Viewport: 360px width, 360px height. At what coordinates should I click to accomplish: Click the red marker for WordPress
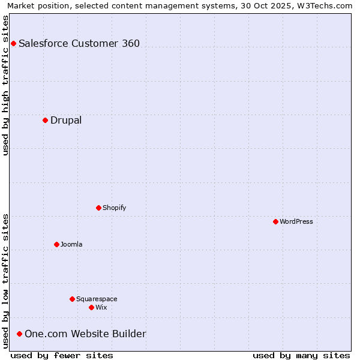pyautogui.click(x=275, y=221)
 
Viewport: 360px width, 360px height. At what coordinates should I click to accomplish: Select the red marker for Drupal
pyautogui.click(x=45, y=120)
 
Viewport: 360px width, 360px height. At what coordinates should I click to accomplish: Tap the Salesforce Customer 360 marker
pyautogui.click(x=13, y=43)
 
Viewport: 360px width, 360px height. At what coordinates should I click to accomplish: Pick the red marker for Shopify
pyautogui.click(x=98, y=208)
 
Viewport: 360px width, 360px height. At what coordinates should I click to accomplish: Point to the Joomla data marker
pyautogui.click(x=56, y=244)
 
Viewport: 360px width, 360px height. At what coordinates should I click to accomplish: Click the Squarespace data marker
pyautogui.click(x=72, y=299)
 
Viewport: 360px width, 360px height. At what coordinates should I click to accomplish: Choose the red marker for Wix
pyautogui.click(x=91, y=307)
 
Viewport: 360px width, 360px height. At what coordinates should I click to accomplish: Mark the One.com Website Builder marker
pyautogui.click(x=19, y=334)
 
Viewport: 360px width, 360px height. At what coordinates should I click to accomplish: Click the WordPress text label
pyautogui.click(x=296, y=221)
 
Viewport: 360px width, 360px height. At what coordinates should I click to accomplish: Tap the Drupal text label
pyautogui.click(x=66, y=120)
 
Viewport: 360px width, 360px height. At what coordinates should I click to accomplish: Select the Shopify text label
pyautogui.click(x=115, y=208)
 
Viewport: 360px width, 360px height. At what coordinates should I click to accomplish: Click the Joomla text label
pyautogui.click(x=71, y=244)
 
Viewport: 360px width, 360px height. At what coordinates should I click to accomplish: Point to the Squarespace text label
pyautogui.click(x=97, y=299)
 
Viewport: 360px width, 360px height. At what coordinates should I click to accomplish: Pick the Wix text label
pyautogui.click(x=101, y=307)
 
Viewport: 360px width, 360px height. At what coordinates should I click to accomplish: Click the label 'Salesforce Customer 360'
pyautogui.click(x=79, y=43)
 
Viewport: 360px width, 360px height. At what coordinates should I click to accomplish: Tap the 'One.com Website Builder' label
pyautogui.click(x=85, y=334)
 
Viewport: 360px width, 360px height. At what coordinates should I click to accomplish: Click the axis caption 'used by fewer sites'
pyautogui.click(x=62, y=355)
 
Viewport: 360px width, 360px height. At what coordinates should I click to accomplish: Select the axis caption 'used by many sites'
pyautogui.click(x=301, y=355)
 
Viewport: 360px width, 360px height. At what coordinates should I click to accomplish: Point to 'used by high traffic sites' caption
pyautogui.click(x=5, y=85)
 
